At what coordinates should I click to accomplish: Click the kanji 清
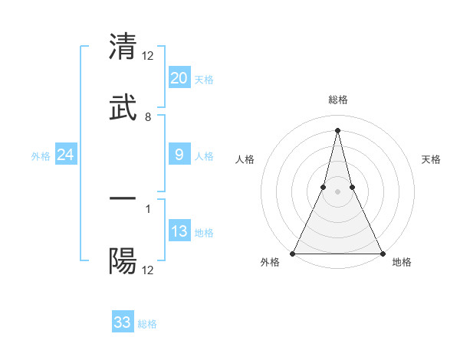point(123,45)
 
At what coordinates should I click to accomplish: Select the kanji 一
point(123,198)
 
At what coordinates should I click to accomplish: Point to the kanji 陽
point(123,261)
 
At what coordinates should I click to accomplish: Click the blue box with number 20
point(179,78)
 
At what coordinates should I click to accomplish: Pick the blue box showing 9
point(179,155)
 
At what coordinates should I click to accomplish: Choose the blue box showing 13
point(179,231)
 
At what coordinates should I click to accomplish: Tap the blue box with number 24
point(66,155)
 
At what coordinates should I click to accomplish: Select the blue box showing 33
point(123,322)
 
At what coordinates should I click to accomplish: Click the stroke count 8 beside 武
point(148,117)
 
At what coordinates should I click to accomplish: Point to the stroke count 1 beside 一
point(148,208)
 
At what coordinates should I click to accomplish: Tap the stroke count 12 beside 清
point(148,55)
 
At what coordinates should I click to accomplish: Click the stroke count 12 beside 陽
point(148,270)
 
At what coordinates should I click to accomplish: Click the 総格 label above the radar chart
point(337,100)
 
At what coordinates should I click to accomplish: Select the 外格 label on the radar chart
point(270,263)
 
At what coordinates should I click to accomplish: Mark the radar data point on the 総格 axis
point(337,129)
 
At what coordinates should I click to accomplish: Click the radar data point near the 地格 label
point(382,253)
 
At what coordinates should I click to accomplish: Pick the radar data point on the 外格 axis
point(293,253)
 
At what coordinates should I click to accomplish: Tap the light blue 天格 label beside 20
point(204,80)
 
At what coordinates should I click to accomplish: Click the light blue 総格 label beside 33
point(147,324)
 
